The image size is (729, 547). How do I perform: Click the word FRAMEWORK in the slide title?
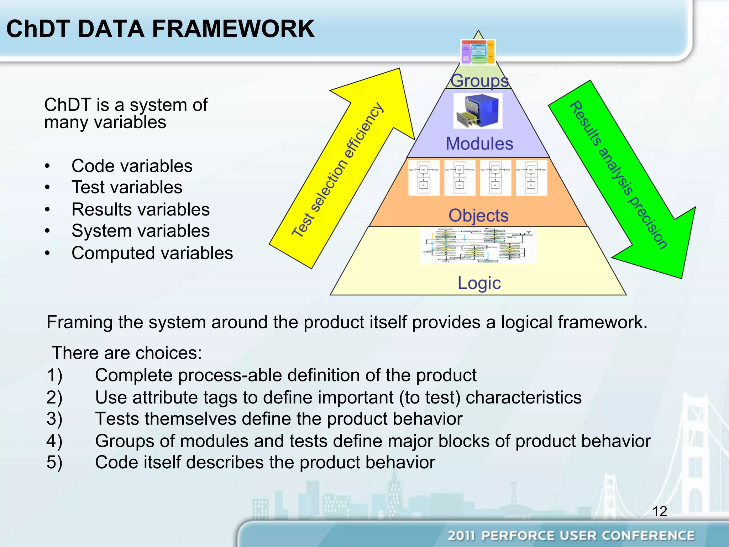pyautogui.click(x=233, y=29)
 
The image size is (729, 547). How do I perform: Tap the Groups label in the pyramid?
pyautogui.click(x=479, y=80)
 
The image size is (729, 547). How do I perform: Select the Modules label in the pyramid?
pyautogui.click(x=479, y=144)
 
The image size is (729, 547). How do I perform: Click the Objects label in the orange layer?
pyautogui.click(x=478, y=215)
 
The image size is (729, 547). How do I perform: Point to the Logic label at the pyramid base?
pyautogui.click(x=479, y=283)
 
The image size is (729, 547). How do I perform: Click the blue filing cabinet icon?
pyautogui.click(x=478, y=111)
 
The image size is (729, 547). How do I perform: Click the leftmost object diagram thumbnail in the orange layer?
pyautogui.click(x=424, y=178)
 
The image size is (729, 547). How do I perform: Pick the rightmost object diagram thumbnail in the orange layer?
pyautogui.click(x=531, y=178)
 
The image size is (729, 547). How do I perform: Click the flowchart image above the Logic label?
pyautogui.click(x=478, y=246)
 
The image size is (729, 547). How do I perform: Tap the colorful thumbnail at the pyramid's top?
pyautogui.click(x=478, y=52)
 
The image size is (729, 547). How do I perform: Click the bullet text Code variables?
pyautogui.click(x=132, y=166)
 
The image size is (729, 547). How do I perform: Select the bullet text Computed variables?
pyautogui.click(x=152, y=253)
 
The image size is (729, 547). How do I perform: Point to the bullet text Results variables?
pyautogui.click(x=140, y=209)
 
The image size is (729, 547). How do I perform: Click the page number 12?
pyautogui.click(x=659, y=511)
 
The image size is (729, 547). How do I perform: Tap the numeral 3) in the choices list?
pyautogui.click(x=54, y=419)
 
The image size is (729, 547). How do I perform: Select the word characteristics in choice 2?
pyautogui.click(x=523, y=397)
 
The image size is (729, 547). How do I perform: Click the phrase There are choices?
pyautogui.click(x=127, y=353)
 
